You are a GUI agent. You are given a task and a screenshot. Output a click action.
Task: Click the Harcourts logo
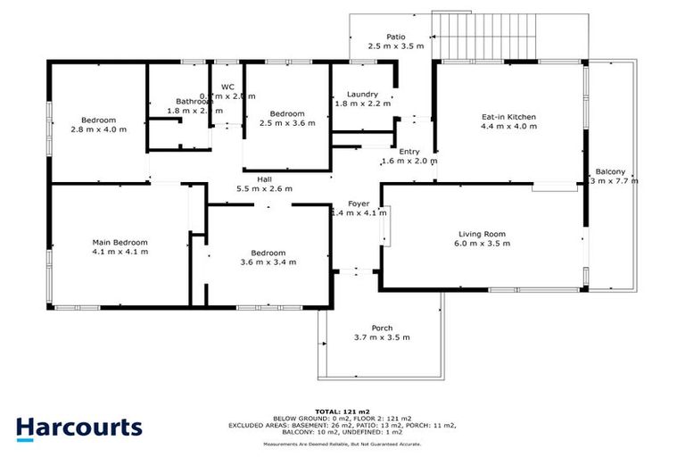pyautogui.click(x=78, y=427)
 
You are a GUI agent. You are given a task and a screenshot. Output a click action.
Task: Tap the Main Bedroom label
pyautogui.click(x=120, y=242)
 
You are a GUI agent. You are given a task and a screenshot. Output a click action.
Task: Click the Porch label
pyautogui.click(x=383, y=328)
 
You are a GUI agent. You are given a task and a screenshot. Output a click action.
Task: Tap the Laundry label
pyautogui.click(x=356, y=94)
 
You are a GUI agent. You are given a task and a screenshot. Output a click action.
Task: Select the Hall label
pyautogui.click(x=265, y=179)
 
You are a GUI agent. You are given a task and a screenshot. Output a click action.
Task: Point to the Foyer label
pyautogui.click(x=359, y=203)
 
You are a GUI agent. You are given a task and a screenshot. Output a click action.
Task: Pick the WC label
pyautogui.click(x=227, y=87)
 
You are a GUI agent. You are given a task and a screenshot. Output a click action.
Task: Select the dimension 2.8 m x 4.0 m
pyautogui.click(x=99, y=129)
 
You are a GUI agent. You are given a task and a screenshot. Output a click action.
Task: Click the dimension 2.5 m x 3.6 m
pyautogui.click(x=287, y=124)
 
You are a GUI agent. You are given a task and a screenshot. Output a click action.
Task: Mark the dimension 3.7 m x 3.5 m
pyautogui.click(x=383, y=338)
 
